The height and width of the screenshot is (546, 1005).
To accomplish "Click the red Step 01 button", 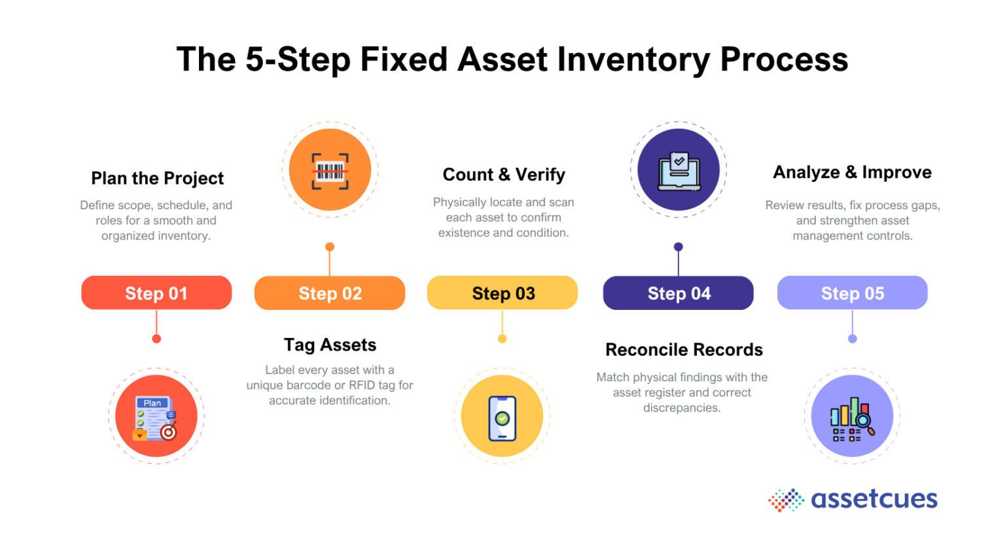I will [x=156, y=293].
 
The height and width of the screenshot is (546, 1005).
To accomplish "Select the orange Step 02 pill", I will [x=330, y=293].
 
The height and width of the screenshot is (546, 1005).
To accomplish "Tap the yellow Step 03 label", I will [x=502, y=293].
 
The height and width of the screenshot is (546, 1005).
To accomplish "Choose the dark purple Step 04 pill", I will [x=679, y=293].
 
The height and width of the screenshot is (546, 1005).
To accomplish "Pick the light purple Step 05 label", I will [x=852, y=293].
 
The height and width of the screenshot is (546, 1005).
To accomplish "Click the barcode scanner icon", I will [x=330, y=171].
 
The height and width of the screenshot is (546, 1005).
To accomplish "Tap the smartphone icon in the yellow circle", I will [x=502, y=417].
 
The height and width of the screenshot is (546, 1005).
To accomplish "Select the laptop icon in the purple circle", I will [x=679, y=171].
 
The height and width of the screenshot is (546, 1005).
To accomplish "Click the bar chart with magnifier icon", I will [x=852, y=418].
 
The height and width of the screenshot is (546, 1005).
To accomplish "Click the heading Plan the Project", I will [x=157, y=178].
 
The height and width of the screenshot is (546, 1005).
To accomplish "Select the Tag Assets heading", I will [x=330, y=345].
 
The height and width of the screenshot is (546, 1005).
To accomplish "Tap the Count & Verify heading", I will [x=504, y=175].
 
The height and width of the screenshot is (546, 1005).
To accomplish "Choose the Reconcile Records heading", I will [x=684, y=350].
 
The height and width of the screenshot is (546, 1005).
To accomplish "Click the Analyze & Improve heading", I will [x=852, y=172].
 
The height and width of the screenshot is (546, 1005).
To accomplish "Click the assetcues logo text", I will [x=873, y=499].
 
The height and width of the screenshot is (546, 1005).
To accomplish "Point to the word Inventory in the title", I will [x=633, y=60].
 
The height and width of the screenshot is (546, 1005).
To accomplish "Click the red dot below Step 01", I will [x=156, y=339].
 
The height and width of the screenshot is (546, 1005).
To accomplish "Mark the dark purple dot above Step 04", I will [x=679, y=247].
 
